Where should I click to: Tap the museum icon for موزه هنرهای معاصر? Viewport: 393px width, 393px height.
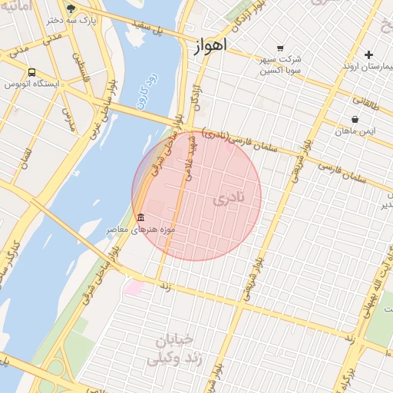[140, 218]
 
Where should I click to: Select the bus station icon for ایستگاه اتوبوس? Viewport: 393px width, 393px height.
[31, 72]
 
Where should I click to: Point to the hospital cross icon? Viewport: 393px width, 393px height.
[368, 54]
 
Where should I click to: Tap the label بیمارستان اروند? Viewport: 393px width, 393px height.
[367, 67]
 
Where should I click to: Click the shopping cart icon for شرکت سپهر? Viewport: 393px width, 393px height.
[279, 48]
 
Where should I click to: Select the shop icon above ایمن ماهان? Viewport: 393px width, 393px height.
[355, 120]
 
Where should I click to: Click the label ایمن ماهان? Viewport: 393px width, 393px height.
[355, 131]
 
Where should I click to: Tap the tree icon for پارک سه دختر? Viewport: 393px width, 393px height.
[71, 9]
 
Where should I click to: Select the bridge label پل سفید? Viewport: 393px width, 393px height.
[149, 29]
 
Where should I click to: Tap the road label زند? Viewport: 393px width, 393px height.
[164, 286]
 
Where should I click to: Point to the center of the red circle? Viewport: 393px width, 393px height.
[196, 196]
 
